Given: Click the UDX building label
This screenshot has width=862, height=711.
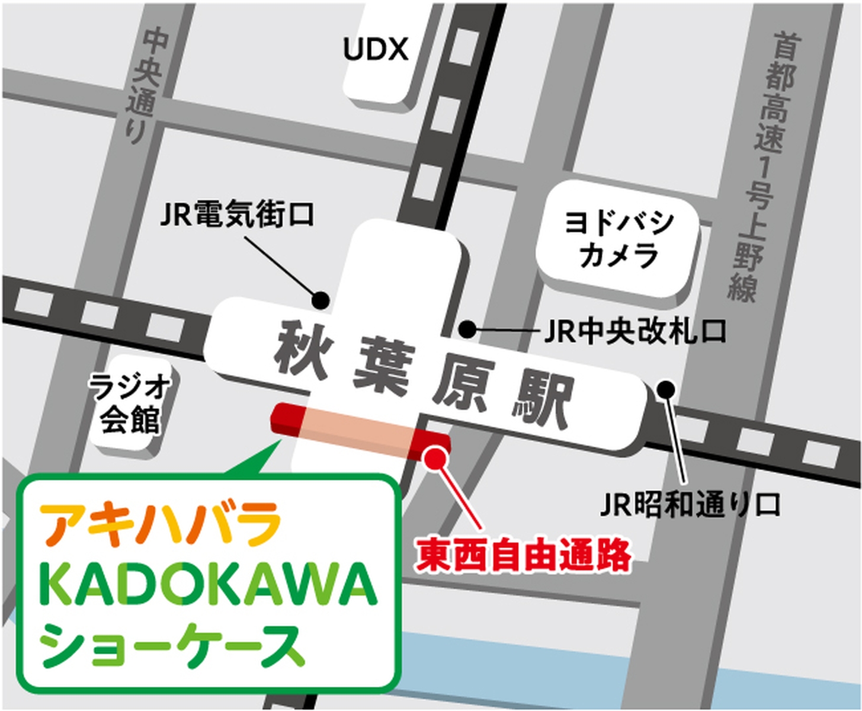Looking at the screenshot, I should click(376, 50).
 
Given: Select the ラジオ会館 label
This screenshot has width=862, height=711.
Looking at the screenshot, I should click(129, 403).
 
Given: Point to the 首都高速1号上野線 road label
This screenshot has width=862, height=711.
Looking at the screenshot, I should click(764, 166).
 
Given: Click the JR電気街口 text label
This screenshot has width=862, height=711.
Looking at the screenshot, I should click(237, 214).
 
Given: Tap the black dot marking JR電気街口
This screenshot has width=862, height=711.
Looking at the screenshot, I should click(321, 300).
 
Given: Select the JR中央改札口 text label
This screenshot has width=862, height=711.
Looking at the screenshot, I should click(635, 332).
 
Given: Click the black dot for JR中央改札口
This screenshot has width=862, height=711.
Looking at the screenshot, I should click(467, 329).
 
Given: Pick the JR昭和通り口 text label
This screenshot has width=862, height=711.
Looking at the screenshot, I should click(690, 505).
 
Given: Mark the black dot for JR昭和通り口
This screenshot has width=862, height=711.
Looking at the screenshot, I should click(666, 389).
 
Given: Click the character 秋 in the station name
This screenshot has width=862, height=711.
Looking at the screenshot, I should click(301, 350).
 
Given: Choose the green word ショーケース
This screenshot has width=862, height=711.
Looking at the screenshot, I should click(172, 646).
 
